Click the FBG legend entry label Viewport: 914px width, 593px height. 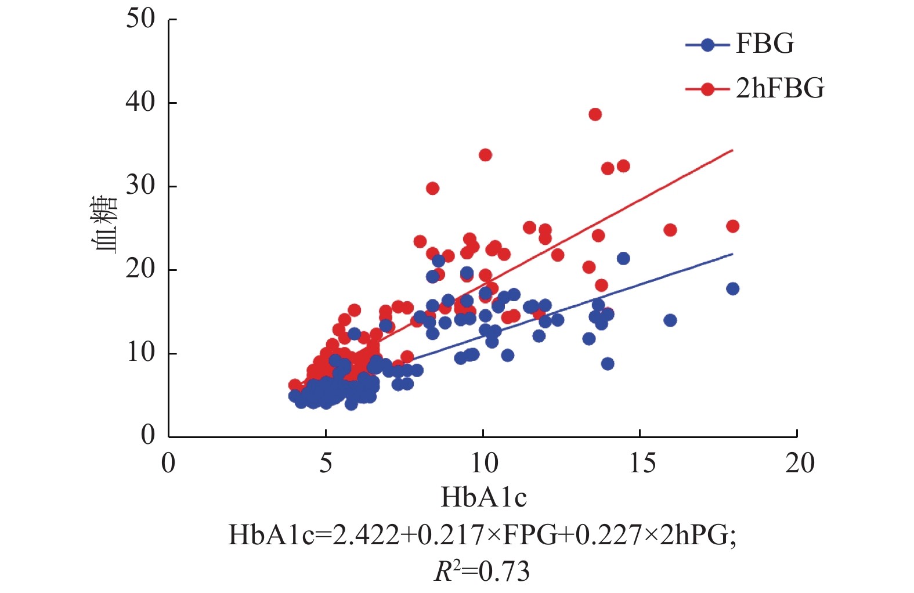(765, 44)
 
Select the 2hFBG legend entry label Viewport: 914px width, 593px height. (779, 89)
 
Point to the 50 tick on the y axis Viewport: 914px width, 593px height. (141, 19)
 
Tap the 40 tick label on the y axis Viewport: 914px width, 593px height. (141, 103)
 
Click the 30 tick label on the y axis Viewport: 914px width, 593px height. (141, 186)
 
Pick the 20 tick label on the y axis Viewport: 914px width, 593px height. (141, 269)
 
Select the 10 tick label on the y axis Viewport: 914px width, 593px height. (141, 352)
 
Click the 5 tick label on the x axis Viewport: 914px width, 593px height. (326, 463)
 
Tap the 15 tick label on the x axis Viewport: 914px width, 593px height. (641, 463)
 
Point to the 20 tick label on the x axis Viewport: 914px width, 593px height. (799, 463)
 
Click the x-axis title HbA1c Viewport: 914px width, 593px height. (483, 497)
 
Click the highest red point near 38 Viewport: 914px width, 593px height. (595, 114)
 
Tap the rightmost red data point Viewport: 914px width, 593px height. (732, 226)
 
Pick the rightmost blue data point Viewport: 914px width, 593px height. (732, 289)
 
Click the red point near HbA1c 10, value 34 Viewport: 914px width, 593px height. (485, 155)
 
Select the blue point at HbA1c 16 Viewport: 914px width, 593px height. (670, 320)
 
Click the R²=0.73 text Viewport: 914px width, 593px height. (482, 572)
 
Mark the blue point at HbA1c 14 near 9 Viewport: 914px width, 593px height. (608, 364)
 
